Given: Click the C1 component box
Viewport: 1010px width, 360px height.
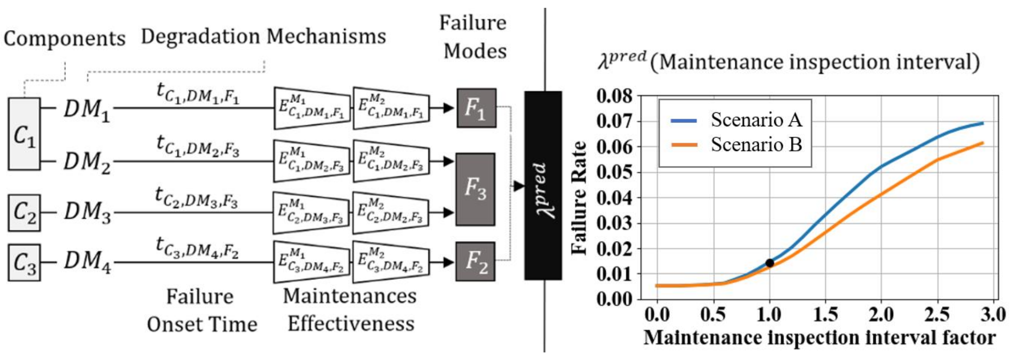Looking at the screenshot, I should click(24, 134).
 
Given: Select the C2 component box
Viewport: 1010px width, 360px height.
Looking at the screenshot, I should click(24, 213).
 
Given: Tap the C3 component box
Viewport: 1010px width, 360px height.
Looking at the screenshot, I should click(24, 262).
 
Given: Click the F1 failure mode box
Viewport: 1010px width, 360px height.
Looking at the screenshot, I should click(476, 108).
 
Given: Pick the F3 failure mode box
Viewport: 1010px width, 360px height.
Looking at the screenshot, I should click(475, 189).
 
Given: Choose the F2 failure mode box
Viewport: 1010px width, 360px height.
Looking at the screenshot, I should click(475, 261).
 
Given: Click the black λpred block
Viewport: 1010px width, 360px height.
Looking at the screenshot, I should click(543, 186).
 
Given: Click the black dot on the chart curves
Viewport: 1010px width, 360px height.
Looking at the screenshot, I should click(770, 263).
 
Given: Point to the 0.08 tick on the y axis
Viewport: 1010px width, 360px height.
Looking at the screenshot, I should click(614, 96).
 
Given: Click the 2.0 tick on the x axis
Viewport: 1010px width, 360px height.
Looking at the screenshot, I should click(881, 315).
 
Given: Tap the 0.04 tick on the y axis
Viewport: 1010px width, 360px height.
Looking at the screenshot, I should click(614, 198).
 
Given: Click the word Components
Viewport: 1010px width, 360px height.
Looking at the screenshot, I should click(64, 39).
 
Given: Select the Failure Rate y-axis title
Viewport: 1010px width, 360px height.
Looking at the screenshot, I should click(579, 198).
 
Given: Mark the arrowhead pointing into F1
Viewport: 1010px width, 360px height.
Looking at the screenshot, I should click(448, 108).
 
